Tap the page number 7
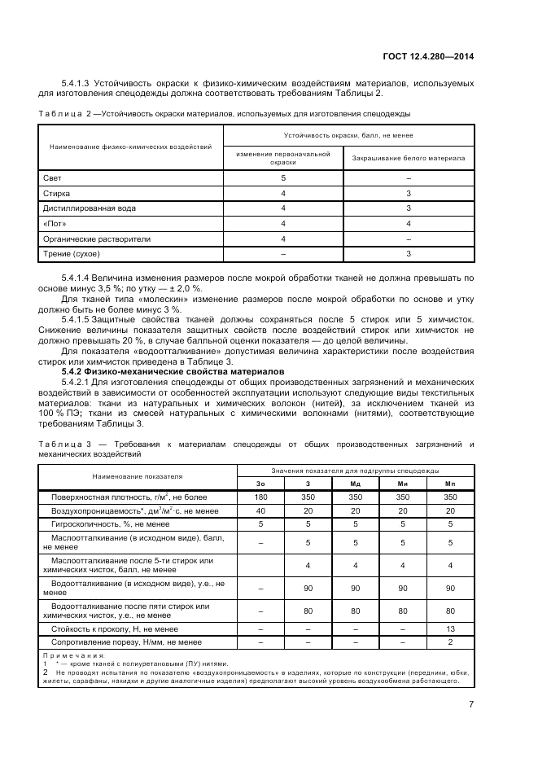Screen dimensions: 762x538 471,705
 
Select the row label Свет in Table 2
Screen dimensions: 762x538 52,177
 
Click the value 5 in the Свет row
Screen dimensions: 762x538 283,177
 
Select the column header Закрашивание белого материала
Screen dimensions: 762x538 408,158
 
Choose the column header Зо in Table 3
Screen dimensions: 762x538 260,484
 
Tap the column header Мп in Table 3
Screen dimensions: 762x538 451,484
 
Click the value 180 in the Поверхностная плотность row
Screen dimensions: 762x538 260,497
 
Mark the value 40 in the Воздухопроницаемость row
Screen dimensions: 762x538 260,510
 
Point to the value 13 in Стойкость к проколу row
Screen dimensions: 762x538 451,629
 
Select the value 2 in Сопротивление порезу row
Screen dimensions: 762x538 451,643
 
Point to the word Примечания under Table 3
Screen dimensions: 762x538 74,655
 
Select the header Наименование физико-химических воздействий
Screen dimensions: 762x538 130,147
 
